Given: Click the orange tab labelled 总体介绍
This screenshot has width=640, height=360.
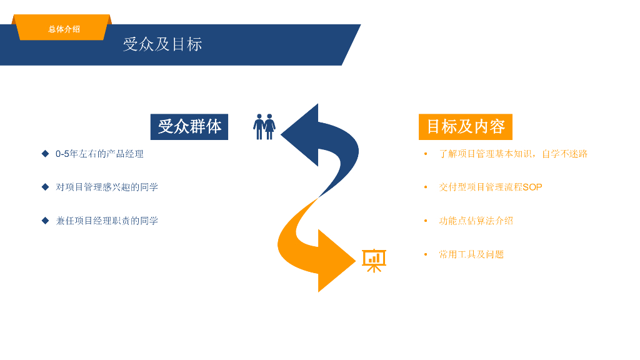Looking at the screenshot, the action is [64, 29].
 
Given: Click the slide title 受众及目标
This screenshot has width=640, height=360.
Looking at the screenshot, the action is [162, 44].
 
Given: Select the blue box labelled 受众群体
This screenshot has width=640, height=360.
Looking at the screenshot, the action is [189, 126].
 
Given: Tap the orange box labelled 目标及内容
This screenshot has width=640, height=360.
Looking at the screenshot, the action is [465, 126].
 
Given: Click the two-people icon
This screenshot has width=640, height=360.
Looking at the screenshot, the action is [264, 126].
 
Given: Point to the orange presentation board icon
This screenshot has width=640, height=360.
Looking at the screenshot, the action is [374, 260].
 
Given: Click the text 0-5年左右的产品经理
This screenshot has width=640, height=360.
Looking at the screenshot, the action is [99, 154].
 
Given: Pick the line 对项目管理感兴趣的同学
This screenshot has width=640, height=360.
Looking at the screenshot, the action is [107, 187].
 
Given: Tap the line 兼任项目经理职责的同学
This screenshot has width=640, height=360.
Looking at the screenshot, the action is [107, 221].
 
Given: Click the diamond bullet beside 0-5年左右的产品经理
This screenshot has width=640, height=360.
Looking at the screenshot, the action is [45, 153].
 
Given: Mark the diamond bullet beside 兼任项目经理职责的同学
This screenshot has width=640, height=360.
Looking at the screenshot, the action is [45, 220].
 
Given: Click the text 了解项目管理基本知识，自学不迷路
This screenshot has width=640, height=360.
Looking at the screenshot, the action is [513, 154].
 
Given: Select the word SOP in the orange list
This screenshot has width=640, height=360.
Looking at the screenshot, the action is [532, 187].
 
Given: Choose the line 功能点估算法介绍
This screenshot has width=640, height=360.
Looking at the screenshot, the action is [476, 221].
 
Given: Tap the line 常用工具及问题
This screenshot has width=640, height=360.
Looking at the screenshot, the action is [471, 254].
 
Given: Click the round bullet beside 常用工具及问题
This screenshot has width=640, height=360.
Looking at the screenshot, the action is [426, 254].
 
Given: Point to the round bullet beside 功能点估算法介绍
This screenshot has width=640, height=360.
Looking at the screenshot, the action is [426, 221].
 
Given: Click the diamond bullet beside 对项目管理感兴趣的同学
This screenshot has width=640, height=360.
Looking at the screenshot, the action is [45, 186].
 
